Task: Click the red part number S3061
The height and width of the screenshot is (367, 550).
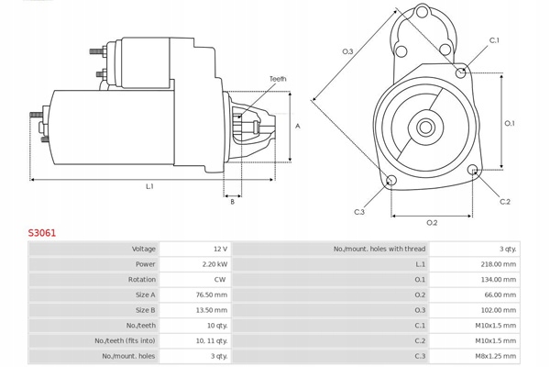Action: click(42, 233)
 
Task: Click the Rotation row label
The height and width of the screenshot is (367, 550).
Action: click(142, 279)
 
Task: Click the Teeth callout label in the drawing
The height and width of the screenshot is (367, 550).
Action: click(278, 80)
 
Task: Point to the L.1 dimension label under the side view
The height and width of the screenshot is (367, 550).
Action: click(149, 187)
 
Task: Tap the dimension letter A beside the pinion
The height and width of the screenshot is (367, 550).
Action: click(298, 126)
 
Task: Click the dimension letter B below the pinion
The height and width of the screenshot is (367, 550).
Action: click(232, 202)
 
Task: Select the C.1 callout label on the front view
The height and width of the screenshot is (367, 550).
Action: click(494, 40)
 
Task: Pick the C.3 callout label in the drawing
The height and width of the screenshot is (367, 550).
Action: click(359, 212)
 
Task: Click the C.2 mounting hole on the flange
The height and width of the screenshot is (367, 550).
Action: click(473, 170)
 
